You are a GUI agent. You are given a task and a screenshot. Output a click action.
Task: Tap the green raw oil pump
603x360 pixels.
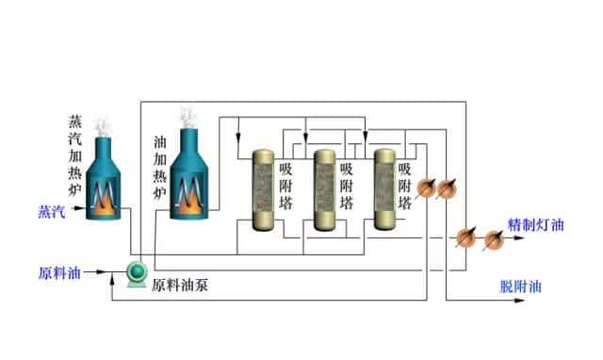coord(139,273)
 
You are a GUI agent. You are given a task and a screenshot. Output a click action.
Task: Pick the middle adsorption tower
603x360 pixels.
coord(326,188)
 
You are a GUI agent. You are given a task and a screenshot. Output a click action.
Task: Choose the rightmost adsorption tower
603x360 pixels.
coord(385,188)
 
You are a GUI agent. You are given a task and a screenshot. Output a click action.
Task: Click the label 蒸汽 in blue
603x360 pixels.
coord(50,211)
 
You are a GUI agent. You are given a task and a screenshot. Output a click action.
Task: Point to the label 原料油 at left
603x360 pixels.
coord(57,274)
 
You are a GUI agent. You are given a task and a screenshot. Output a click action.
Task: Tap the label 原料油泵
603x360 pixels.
coord(179,284)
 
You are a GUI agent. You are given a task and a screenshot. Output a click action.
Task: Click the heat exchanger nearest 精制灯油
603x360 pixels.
coord(492,239)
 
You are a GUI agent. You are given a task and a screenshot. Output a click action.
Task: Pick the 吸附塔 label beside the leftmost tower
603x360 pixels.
coord(286,187)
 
